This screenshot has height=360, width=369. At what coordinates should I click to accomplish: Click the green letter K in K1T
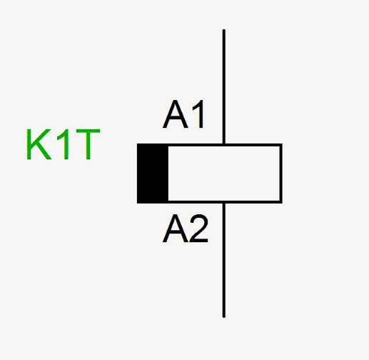click(39, 144)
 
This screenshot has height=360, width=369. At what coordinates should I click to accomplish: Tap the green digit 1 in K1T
click(64, 144)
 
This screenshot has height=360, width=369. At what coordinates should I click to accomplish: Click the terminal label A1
click(183, 114)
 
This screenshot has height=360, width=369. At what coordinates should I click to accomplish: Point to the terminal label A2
click(186, 229)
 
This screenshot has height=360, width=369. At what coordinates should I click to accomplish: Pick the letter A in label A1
click(176, 114)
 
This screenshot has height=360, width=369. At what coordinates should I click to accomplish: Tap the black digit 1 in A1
click(198, 114)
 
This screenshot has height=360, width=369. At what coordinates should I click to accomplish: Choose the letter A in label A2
click(176, 229)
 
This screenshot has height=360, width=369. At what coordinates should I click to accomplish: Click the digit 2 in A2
click(199, 229)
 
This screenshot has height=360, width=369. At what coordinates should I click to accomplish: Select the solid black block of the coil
click(153, 174)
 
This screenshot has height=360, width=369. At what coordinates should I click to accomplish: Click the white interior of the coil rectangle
click(224, 174)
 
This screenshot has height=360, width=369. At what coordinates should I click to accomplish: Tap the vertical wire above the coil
click(224, 86)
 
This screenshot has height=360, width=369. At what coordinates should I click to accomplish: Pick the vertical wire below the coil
click(224, 261)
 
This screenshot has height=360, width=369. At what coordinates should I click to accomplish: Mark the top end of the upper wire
click(224, 30)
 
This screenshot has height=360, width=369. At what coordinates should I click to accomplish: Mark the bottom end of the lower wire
click(224, 317)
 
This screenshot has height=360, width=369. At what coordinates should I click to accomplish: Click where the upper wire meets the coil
click(224, 144)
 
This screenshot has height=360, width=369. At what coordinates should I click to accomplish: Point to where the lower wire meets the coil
click(224, 203)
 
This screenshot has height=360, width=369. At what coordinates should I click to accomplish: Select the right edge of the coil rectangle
click(281, 174)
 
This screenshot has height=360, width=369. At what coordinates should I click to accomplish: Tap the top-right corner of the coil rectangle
click(282, 144)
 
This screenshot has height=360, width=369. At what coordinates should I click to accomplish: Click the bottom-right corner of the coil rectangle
click(282, 203)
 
